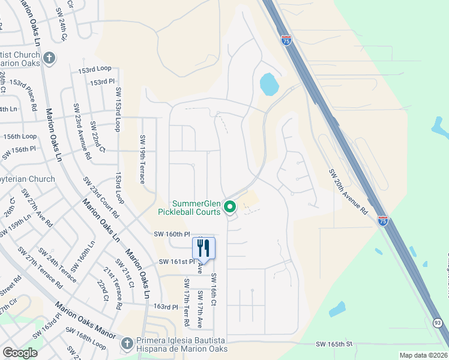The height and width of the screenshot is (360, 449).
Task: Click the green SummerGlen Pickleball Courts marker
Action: (229, 208)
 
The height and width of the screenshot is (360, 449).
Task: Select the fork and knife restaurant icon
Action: (203, 247)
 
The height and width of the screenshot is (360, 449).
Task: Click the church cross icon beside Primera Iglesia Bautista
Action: (126, 343)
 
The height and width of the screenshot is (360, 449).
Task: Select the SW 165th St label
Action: (333, 344)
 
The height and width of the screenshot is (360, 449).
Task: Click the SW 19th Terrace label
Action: (144, 158)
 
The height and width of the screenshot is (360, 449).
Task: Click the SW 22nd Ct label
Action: (97, 136)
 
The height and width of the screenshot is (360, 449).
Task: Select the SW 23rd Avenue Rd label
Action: (82, 131)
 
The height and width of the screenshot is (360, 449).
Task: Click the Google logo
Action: (20, 353)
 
